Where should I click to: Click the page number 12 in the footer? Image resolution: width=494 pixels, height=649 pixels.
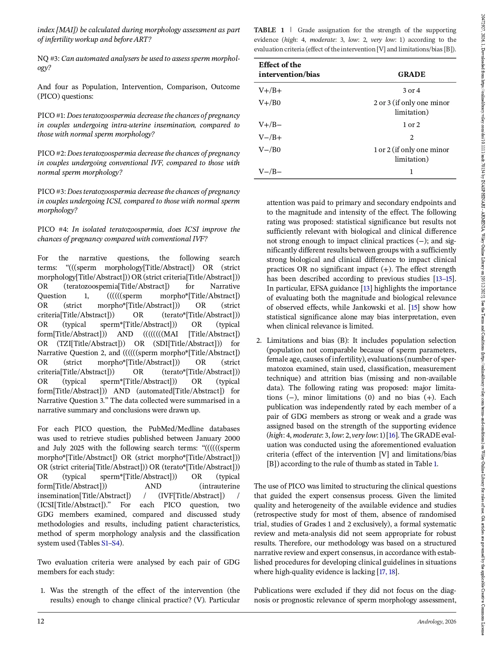tap(41, 621)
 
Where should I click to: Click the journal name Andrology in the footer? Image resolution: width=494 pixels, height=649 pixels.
tap(430, 622)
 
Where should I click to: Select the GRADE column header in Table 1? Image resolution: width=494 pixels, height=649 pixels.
tap(411, 74)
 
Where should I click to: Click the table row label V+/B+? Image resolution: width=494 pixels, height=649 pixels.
tap(270, 90)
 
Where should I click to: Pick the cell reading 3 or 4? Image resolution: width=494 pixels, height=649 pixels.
tap(411, 90)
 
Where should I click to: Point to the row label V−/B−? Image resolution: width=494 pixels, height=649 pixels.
tap(270, 172)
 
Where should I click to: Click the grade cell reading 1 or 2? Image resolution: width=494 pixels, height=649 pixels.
tap(411, 125)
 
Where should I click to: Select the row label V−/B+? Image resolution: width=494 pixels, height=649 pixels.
tap(270, 137)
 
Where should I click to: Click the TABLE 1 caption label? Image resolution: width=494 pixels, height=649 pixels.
tap(269, 30)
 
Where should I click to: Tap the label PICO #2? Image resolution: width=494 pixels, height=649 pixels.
tap(51, 153)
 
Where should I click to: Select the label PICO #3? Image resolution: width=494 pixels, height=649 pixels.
tap(51, 192)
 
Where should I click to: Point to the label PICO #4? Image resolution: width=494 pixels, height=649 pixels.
tap(52, 229)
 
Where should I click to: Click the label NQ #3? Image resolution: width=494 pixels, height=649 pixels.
tap(48, 59)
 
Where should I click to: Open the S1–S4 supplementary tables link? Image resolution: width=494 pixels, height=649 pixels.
tap(110, 543)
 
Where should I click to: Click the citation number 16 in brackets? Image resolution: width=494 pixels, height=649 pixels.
tap(392, 435)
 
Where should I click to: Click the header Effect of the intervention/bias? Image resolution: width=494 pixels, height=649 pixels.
tap(289, 70)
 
